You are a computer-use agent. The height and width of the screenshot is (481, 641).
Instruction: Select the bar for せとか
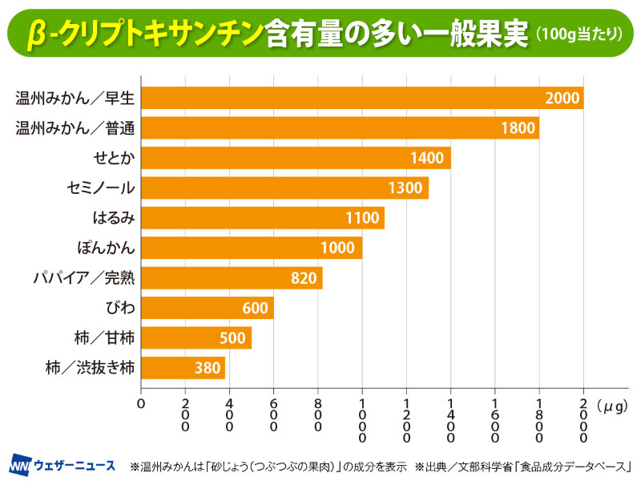click(x=296, y=158)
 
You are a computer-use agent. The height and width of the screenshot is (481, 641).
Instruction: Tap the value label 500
click(x=232, y=338)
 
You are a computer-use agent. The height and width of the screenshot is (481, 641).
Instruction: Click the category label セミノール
click(x=101, y=188)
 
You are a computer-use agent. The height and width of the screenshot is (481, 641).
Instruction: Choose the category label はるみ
click(x=114, y=218)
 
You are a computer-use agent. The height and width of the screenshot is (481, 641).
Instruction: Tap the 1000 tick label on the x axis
click(x=363, y=420)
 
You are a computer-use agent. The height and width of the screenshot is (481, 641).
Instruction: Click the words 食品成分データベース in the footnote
click(x=577, y=466)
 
